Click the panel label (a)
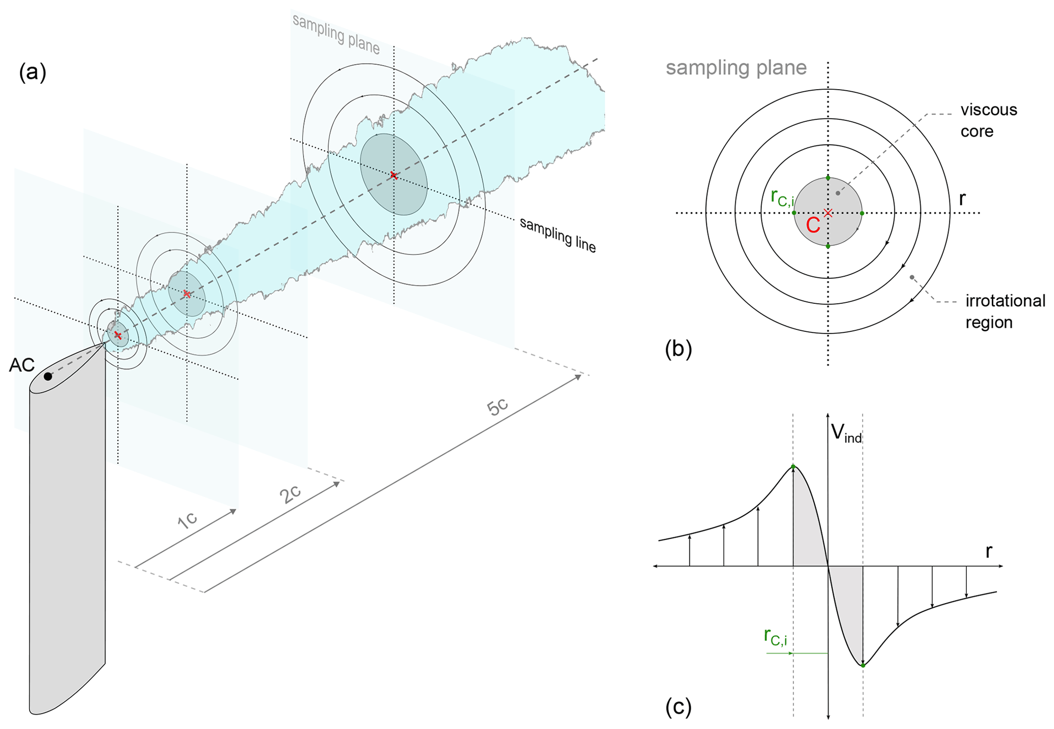click(x=33, y=72)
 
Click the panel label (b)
click(x=678, y=349)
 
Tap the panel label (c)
click(x=678, y=707)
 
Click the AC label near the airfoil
click(x=22, y=365)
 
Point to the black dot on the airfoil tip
click(x=48, y=376)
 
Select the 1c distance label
click(x=187, y=520)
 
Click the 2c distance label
click(x=290, y=494)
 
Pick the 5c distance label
click(x=497, y=407)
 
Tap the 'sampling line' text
click(x=557, y=235)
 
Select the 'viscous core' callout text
click(x=988, y=120)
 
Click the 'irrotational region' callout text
click(x=1005, y=311)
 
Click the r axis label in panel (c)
click(x=989, y=551)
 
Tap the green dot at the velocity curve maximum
click(x=793, y=466)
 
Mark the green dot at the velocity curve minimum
click(x=863, y=665)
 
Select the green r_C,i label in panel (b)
click(x=782, y=198)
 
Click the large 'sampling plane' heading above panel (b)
click(x=736, y=68)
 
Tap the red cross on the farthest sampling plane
click(x=393, y=175)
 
